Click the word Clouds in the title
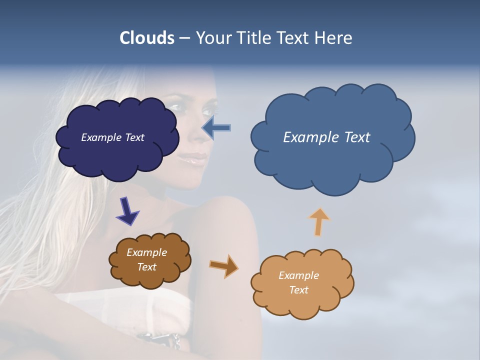coord(146,38)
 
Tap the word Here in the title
coord(334,38)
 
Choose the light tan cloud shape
coord(300,305)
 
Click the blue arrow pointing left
coord(216,128)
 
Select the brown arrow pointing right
coord(224,266)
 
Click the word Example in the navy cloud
coord(101,137)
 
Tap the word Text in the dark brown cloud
coord(146,267)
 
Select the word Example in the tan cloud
coord(298,275)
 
